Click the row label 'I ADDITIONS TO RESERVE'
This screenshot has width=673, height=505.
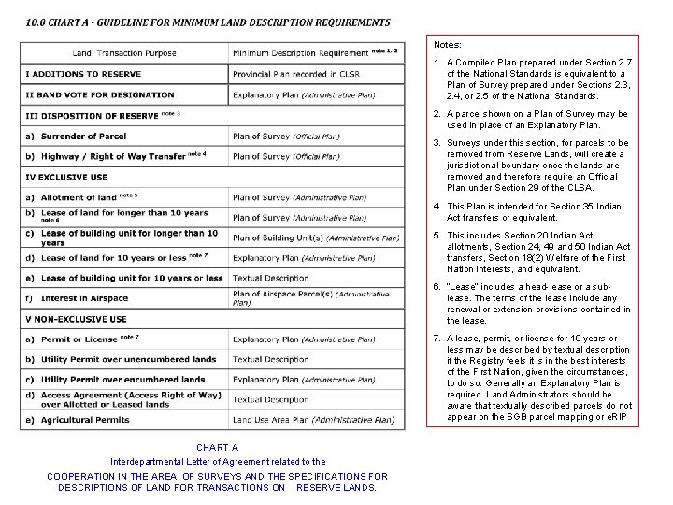point(84,74)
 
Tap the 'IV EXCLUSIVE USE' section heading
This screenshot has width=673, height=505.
point(67,177)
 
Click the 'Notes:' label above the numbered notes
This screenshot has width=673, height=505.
point(449,44)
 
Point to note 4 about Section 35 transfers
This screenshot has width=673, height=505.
point(537,211)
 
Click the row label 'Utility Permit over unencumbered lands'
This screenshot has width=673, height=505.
point(126,359)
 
